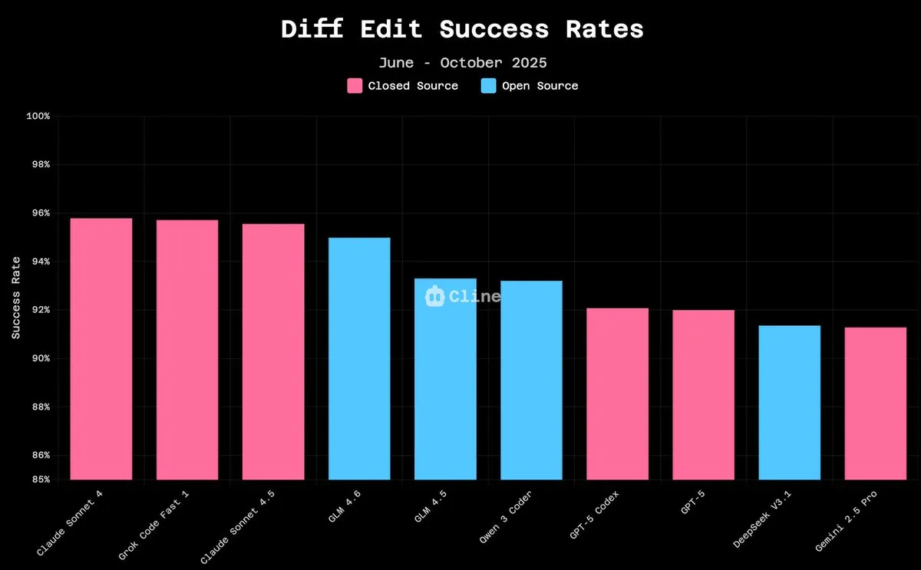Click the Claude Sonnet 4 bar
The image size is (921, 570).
click(x=101, y=349)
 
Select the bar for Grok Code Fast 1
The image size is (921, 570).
click(x=187, y=350)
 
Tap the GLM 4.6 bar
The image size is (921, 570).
click(x=359, y=359)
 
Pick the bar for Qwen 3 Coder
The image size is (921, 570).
click(x=531, y=381)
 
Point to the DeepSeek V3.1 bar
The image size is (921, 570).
click(x=789, y=403)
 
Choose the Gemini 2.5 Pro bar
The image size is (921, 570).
click(x=875, y=404)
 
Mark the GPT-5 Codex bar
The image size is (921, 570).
click(x=617, y=394)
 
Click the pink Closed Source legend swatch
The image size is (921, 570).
click(x=355, y=86)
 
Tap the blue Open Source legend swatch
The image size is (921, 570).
click(x=489, y=86)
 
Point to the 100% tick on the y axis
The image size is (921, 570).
click(x=38, y=117)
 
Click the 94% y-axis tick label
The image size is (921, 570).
click(x=40, y=262)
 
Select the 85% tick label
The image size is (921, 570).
click(x=40, y=479)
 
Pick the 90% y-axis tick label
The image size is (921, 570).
click(x=40, y=358)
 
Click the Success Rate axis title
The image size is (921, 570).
click(x=16, y=298)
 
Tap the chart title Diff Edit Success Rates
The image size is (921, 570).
click(x=461, y=29)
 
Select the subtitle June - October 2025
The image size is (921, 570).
click(x=462, y=63)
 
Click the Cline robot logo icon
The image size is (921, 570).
click(x=434, y=296)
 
